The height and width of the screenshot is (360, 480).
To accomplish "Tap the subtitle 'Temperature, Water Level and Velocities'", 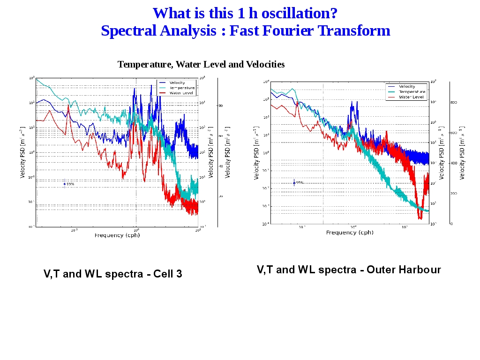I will (201, 64).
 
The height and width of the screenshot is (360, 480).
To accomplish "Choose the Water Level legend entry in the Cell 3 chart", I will (180, 93).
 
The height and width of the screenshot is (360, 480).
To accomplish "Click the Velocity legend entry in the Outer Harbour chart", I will (407, 87).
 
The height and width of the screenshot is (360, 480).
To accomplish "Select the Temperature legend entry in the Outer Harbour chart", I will (412, 92).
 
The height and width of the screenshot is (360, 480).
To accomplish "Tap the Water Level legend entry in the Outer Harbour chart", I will (411, 97).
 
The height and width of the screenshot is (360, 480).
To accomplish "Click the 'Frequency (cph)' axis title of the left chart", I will (117, 235).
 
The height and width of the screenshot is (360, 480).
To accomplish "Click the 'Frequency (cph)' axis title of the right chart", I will (350, 232).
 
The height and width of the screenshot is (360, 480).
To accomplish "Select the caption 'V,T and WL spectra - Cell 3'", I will (113, 274).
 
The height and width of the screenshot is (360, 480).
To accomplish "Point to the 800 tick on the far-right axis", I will (454, 102).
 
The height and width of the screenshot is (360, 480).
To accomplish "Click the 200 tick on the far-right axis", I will (454, 193).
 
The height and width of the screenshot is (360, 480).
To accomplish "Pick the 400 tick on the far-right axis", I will (454, 163).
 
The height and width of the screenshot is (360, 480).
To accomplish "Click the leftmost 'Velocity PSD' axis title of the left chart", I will (22, 152).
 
